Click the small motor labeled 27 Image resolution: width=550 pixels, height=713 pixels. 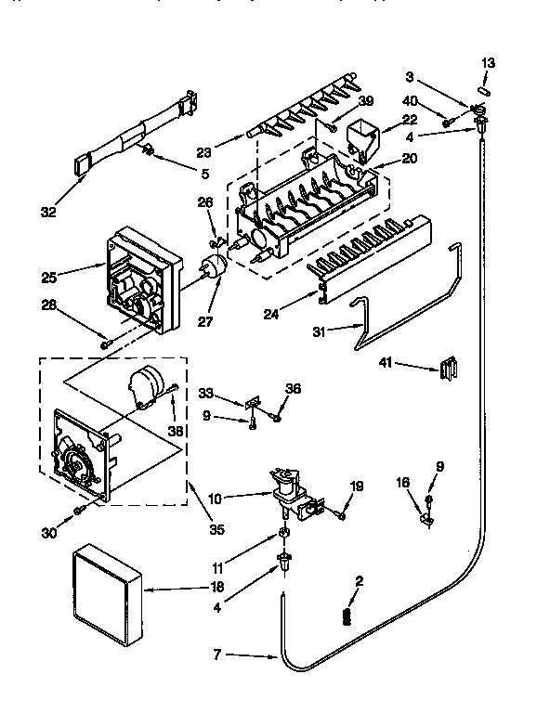[214, 270]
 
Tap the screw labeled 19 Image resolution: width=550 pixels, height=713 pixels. [341, 514]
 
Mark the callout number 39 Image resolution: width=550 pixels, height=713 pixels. [365, 100]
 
